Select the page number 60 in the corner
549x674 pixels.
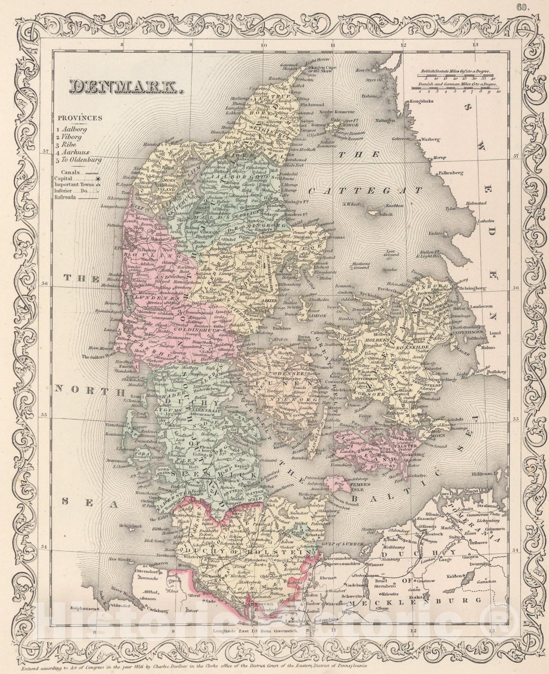pyautogui.click(x=535, y=5)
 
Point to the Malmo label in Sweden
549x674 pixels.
pyautogui.click(x=491, y=348)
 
